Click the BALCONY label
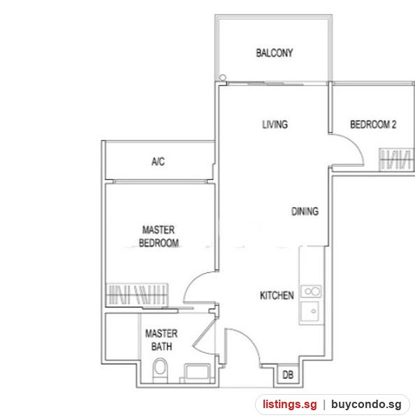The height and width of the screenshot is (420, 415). [275, 52]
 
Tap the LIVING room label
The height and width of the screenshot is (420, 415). [275, 125]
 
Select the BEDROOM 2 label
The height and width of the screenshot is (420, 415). [373, 125]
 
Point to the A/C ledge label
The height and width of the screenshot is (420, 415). [158, 162]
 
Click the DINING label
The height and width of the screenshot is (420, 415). [305, 211]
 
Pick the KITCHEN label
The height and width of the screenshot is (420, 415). [277, 295]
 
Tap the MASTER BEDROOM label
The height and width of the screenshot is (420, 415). [159, 237]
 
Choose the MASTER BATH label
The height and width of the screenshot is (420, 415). [161, 340]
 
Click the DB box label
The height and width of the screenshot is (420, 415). [288, 374]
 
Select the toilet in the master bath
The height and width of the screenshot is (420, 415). [160, 370]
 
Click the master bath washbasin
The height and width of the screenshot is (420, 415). [197, 372]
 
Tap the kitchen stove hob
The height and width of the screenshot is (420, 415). [312, 291]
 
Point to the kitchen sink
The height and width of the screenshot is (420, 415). [310, 311]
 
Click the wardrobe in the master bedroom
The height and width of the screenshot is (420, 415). [137, 295]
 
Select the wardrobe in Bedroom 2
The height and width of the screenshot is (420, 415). [397, 160]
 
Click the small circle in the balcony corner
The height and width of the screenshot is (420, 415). [222, 78]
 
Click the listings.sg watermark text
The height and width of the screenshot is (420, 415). [289, 404]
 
